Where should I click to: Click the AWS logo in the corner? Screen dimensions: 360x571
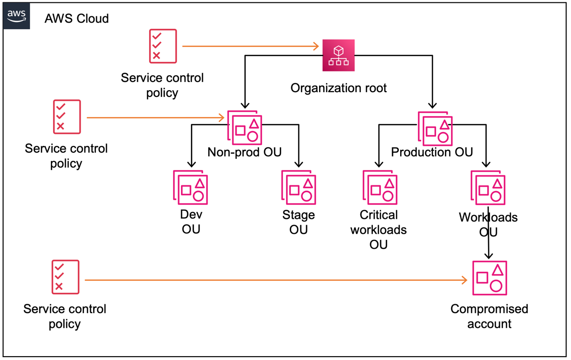click(x=16, y=16)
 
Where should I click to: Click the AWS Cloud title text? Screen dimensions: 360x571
click(x=76, y=19)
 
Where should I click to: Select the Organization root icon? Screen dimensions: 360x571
click(x=338, y=55)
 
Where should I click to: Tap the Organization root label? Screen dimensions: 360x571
click(x=338, y=88)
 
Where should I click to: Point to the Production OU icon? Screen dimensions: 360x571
click(x=435, y=129)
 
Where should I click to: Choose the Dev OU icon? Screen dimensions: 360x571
click(x=190, y=187)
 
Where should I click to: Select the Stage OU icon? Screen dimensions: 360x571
click(x=298, y=187)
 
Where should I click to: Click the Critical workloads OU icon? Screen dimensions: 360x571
click(x=380, y=187)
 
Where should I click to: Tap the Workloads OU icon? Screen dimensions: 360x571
click(x=488, y=188)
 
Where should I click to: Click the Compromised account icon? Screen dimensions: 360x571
click(x=489, y=278)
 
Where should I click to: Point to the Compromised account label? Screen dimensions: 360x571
click(x=489, y=316)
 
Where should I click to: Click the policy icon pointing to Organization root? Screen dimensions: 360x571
click(x=163, y=46)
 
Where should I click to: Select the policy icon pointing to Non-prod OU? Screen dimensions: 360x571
click(x=67, y=117)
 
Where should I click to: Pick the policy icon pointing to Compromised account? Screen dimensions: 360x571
click(x=65, y=277)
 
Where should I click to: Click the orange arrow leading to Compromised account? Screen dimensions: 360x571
click(x=276, y=280)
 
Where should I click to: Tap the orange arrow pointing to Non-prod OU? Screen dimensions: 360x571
click(x=156, y=118)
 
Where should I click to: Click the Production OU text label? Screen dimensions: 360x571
click(x=432, y=152)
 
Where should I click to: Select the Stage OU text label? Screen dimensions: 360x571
click(x=298, y=222)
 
